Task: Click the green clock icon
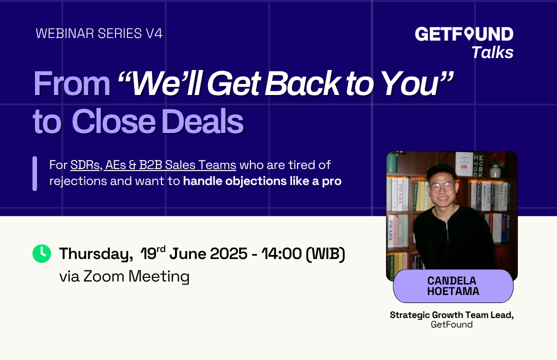pos(41,253)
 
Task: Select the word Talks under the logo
pos(492,52)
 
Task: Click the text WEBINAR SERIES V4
pos(99,33)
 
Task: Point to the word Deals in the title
pos(202,121)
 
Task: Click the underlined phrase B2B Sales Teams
pos(187,165)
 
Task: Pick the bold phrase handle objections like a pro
pos(262,181)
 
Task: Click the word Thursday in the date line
pos(96,254)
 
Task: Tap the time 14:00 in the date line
pos(281,253)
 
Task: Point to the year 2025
pos(229,253)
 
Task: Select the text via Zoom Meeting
pos(124,276)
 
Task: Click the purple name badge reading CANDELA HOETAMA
pos(453,286)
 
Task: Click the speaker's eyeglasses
pos(442,186)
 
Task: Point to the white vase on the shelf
pos(495,171)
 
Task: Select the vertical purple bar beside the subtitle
pos(35,173)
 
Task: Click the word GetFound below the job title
pos(451,324)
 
